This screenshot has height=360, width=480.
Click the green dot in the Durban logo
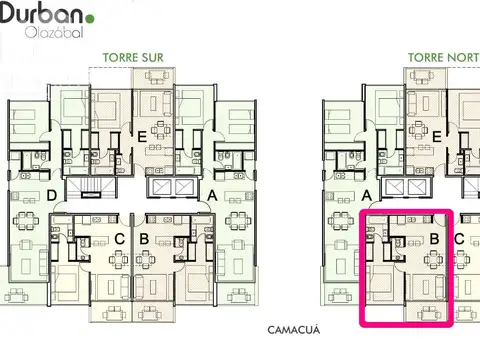(90, 18)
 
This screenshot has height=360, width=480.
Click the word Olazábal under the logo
(54, 32)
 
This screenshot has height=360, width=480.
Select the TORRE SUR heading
(133, 58)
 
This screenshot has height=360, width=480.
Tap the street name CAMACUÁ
(294, 330)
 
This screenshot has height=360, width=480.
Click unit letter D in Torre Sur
(52, 195)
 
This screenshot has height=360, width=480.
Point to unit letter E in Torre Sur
(142, 137)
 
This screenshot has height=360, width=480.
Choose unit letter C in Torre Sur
(119, 239)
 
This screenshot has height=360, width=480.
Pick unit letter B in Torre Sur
(144, 239)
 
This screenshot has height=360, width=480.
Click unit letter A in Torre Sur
(212, 196)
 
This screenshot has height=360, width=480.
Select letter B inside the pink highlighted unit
(435, 239)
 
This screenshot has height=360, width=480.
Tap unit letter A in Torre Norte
(367, 196)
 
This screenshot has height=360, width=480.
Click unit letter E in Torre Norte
(436, 137)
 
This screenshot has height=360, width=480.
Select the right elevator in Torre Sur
(184, 187)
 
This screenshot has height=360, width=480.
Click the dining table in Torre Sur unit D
(26, 220)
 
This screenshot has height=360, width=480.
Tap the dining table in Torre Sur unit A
(238, 220)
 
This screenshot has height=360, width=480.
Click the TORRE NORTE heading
(444, 58)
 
